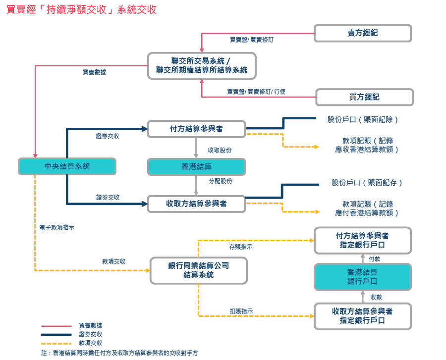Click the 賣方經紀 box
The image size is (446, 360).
[x=363, y=33]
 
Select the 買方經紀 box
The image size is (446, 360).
[x=364, y=97]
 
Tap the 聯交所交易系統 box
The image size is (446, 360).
[x=202, y=65]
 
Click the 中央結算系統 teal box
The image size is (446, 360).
[x=67, y=166]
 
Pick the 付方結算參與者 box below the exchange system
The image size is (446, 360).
[x=196, y=129]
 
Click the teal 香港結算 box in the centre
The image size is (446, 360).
[x=196, y=167]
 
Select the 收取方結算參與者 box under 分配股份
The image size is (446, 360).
[x=196, y=204]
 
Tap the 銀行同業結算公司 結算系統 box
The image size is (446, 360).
[x=198, y=270]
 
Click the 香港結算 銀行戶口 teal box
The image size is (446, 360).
[x=363, y=277]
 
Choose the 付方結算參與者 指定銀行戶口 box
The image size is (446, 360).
[x=363, y=240]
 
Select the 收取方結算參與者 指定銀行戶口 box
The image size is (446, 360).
[x=363, y=316]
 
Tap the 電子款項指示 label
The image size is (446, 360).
[x=57, y=227]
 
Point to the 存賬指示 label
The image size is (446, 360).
[x=240, y=246]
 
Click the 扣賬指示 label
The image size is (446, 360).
[x=241, y=311]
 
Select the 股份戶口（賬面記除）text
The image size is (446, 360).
[x=363, y=120]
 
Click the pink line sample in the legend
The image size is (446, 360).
[x=56, y=326]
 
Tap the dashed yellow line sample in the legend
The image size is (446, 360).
[x=56, y=343]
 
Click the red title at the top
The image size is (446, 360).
[x=81, y=9]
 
